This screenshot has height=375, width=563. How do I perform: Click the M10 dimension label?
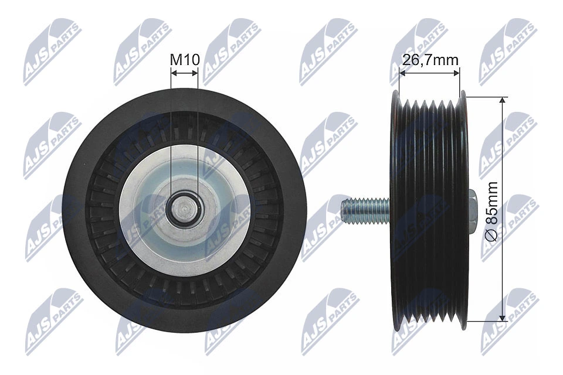[x=185, y=59]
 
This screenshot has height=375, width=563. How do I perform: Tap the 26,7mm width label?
[x=430, y=59]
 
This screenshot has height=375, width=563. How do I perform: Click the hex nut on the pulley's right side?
[x=473, y=208]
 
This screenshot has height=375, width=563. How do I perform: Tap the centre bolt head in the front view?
[x=184, y=209]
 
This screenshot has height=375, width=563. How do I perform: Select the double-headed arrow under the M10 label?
[x=184, y=73]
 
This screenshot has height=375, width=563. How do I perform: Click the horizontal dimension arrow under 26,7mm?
[x=429, y=73]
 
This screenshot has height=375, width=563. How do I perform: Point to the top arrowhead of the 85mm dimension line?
[x=503, y=101]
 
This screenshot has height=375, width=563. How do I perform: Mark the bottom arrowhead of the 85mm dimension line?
[x=503, y=317]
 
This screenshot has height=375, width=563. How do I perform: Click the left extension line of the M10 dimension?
[x=171, y=129]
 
